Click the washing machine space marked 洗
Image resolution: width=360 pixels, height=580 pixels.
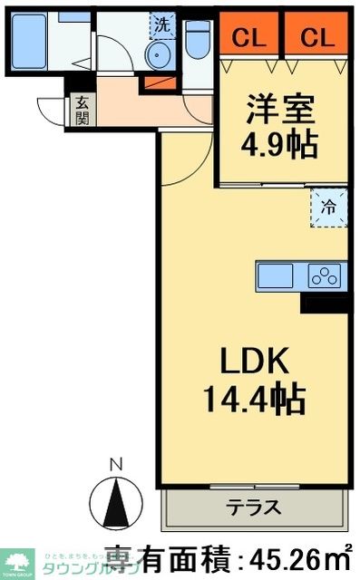coord(161,24)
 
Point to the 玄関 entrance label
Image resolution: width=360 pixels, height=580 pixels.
coord(81,111)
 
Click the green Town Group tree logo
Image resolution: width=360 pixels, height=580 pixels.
coord(16,561)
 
